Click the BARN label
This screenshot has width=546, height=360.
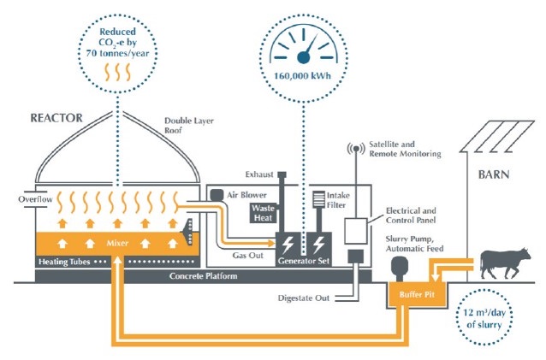pos(495,179)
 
